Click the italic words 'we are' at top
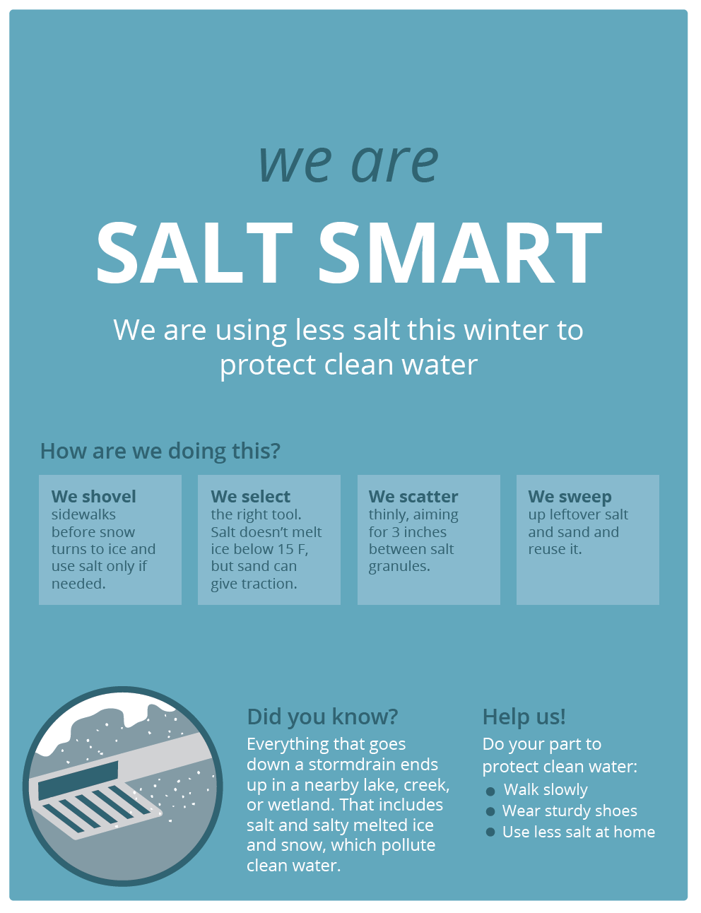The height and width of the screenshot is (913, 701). click(x=348, y=163)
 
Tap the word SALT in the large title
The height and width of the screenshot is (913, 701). click(x=194, y=254)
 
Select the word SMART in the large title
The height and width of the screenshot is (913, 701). click(x=460, y=254)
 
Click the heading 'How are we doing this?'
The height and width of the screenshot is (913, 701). click(x=160, y=452)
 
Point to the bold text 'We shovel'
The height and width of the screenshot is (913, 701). click(x=94, y=497)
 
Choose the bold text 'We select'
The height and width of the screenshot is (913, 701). click(x=250, y=497)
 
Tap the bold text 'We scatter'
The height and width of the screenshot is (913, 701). click(x=413, y=497)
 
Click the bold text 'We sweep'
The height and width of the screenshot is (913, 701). click(x=570, y=497)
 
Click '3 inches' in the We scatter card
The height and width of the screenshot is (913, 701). click(x=419, y=532)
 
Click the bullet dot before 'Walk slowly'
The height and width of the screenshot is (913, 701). click(x=490, y=791)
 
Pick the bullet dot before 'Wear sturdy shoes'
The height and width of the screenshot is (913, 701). click(x=490, y=811)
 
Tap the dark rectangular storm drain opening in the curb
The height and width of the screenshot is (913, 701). click(x=78, y=781)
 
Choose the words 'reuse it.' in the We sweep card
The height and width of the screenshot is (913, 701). click(x=555, y=549)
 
